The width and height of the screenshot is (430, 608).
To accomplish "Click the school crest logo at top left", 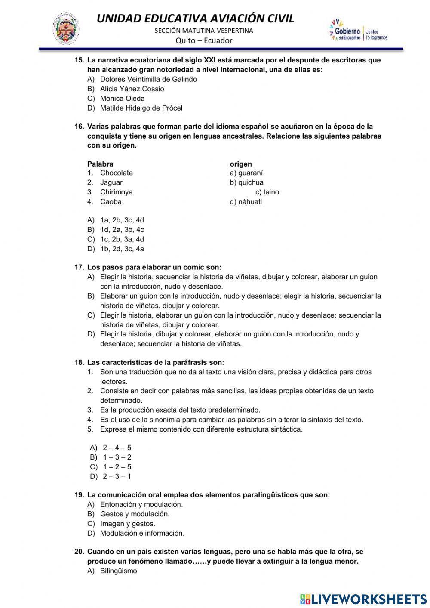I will click(x=66, y=29).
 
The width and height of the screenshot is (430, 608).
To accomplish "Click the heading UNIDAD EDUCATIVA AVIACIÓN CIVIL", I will click(x=195, y=19).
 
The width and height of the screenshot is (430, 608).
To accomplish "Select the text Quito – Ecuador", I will click(x=204, y=40).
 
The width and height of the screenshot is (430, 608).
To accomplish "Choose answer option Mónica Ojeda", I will click(x=122, y=98).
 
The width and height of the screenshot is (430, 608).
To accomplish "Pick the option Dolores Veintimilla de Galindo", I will click(x=148, y=79).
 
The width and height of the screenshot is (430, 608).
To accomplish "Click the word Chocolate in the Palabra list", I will click(x=116, y=173).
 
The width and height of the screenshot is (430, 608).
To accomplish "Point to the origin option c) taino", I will click(x=267, y=192).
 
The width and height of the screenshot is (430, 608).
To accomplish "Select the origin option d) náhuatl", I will click(x=246, y=201).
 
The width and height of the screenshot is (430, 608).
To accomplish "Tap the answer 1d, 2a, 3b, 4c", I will click(x=122, y=229).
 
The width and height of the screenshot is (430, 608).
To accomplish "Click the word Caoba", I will click(x=111, y=201).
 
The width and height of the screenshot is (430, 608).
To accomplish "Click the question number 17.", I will click(x=79, y=267).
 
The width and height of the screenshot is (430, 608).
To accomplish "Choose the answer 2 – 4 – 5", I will click(x=117, y=448).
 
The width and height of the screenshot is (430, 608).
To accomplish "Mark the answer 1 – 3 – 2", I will click(x=117, y=457).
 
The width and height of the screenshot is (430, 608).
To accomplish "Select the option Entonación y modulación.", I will click(x=141, y=504).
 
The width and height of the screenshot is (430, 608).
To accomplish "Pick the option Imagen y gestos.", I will click(x=128, y=524).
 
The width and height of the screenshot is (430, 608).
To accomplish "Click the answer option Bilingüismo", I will click(x=118, y=571).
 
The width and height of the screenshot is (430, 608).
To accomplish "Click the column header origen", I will click(x=241, y=164).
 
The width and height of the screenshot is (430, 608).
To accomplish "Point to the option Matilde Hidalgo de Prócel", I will click(x=141, y=108).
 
